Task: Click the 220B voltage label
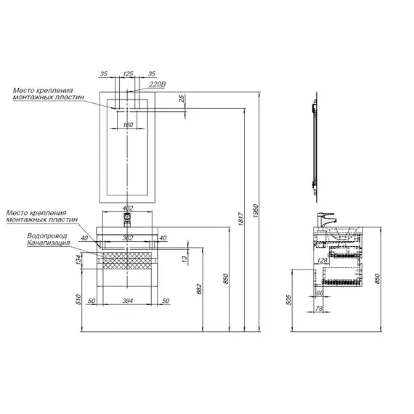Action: coord(158,84)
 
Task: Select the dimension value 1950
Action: coord(256,211)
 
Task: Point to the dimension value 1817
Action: coord(240,219)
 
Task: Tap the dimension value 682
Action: coord(199,289)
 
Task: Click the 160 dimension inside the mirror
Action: coord(128,125)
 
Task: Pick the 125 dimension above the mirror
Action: coord(128,73)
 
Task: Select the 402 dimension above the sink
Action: coord(128,208)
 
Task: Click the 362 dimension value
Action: coord(128,238)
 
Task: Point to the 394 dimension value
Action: coord(128,301)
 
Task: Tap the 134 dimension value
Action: coord(78,259)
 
